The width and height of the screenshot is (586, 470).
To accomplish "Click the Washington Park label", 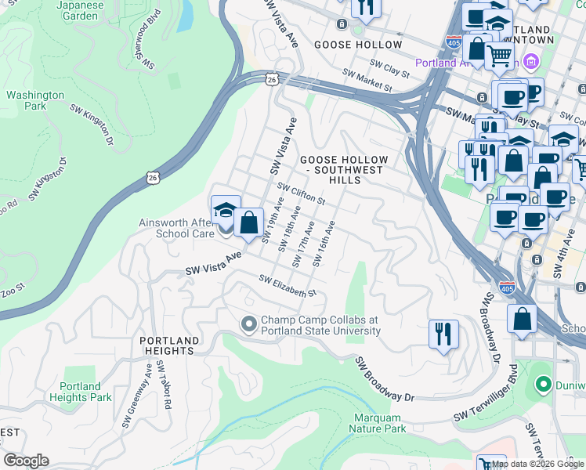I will (x=35, y=100).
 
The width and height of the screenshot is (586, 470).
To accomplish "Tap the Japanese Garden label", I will (x=80, y=10).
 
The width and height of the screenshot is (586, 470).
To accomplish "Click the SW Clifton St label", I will (x=302, y=193).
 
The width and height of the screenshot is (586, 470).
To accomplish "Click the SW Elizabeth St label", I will (x=287, y=287).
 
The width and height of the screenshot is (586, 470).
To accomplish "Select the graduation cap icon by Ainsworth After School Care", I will (x=226, y=209).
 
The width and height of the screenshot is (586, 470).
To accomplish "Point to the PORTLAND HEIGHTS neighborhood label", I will (x=168, y=345).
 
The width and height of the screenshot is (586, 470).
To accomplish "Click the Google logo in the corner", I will (x=26, y=461).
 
